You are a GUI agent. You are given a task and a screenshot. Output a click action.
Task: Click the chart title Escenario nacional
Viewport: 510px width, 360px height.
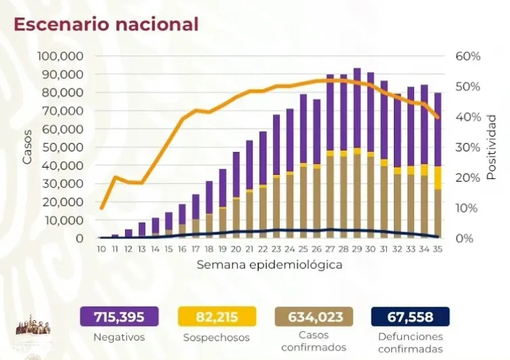[x=106, y=24]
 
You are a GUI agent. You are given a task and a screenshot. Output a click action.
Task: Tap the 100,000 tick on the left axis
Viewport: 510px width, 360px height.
[x=60, y=55]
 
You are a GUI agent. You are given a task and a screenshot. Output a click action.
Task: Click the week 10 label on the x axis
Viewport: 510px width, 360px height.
[x=101, y=249]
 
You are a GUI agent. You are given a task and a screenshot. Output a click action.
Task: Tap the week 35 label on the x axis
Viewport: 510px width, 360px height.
[x=438, y=249]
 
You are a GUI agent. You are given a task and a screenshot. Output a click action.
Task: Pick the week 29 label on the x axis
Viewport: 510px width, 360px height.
[x=357, y=249]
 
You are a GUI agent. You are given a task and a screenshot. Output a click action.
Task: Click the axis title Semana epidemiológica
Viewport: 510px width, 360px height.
[x=269, y=265]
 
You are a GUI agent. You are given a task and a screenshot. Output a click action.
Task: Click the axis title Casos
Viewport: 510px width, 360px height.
[x=28, y=148]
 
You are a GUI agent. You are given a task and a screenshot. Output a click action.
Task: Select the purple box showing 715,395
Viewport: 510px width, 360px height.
[x=119, y=316]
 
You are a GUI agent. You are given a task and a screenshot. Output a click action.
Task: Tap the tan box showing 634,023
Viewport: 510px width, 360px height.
[x=315, y=316]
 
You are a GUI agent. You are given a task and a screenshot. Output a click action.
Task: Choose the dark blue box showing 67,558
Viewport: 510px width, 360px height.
[x=411, y=316]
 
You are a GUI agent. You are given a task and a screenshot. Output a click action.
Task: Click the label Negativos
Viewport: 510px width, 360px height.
[x=119, y=336]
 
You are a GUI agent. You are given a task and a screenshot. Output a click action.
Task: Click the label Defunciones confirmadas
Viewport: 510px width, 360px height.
[x=411, y=342]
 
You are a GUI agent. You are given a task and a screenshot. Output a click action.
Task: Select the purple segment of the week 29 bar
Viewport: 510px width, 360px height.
[x=357, y=108]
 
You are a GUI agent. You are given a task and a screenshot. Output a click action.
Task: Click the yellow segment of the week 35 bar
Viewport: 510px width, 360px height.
[x=438, y=178]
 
